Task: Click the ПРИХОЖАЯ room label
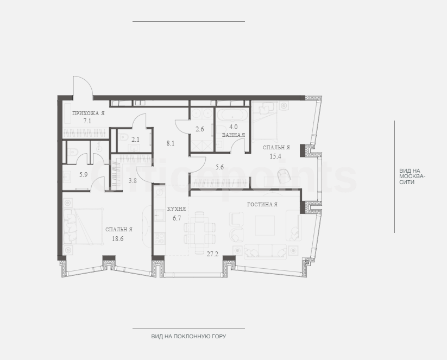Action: (x=89, y=113)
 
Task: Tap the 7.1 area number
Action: (x=87, y=121)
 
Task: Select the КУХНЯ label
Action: (x=177, y=209)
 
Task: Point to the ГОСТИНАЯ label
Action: (x=262, y=205)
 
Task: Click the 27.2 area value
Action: (x=212, y=254)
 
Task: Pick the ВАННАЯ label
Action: (x=233, y=135)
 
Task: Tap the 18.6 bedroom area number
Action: (x=117, y=239)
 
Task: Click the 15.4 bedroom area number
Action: (x=275, y=156)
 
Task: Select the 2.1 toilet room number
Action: (x=135, y=140)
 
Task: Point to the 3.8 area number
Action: (x=133, y=181)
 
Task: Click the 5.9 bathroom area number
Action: (x=83, y=175)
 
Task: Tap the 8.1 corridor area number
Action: (x=171, y=143)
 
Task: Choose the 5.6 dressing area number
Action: (x=219, y=167)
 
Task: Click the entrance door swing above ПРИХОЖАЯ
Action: (x=83, y=85)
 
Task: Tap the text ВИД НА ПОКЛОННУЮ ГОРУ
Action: (x=188, y=336)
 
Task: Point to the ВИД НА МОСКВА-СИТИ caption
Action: (x=412, y=176)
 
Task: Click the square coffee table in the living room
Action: (x=265, y=225)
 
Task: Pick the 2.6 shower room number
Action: (x=199, y=129)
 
